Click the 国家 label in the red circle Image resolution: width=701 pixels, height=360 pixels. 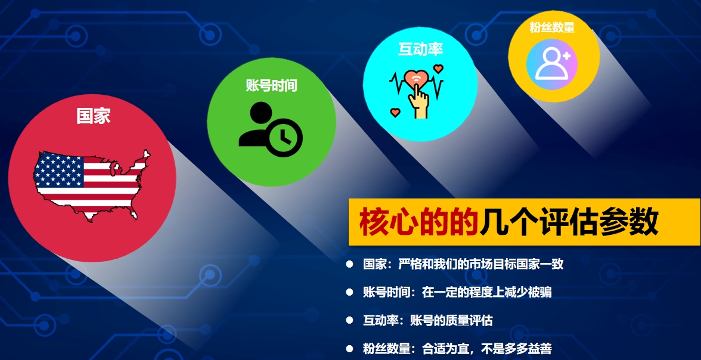coord(93,116)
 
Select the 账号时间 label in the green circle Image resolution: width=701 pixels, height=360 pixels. coord(271,85)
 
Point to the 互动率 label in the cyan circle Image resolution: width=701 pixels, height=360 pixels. coord(420,49)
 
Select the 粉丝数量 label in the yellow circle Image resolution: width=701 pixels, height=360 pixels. coord(552,27)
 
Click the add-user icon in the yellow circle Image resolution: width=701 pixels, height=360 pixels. coord(552,64)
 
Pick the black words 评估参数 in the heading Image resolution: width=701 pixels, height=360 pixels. coord(599,222)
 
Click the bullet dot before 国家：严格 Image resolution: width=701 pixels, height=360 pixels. coord(349,264)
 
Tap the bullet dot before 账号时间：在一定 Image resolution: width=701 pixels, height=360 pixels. coord(349,292)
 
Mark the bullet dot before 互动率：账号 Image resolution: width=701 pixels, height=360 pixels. coord(349,320)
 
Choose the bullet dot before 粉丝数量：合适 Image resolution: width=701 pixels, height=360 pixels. coord(349,348)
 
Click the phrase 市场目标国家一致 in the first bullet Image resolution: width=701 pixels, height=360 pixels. coord(516,264)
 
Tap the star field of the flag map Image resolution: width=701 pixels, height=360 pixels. coord(59,169)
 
